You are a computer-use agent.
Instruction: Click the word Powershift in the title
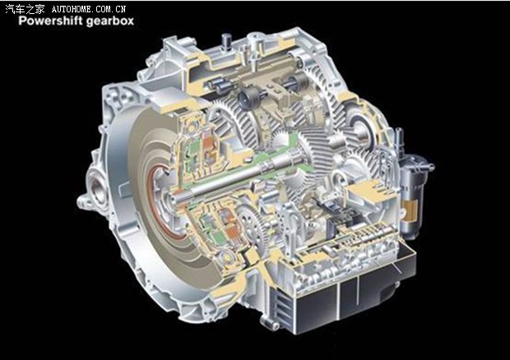pyautogui.click(x=46, y=21)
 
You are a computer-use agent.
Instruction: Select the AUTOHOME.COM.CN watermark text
pyautogui.click(x=89, y=9)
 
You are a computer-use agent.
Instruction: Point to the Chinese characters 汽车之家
pyautogui.click(x=25, y=9)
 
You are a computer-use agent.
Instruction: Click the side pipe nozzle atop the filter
pyautogui.click(x=426, y=166)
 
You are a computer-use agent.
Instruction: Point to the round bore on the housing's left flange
pyautogui.click(x=97, y=189)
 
